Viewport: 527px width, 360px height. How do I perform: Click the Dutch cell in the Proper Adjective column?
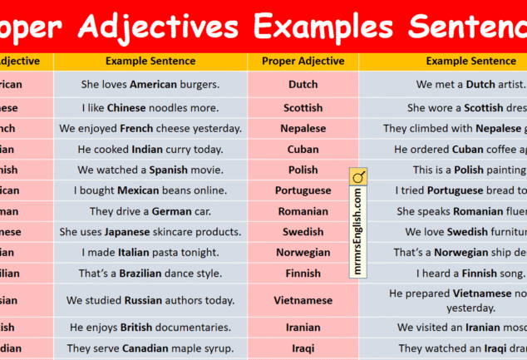[303, 85]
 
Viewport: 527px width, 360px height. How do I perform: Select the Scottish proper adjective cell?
[303, 108]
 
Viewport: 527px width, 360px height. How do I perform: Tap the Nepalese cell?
[303, 129]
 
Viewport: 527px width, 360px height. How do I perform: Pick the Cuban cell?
[303, 150]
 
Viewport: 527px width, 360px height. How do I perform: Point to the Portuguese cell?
[303, 190]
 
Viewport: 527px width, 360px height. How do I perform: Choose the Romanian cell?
[303, 211]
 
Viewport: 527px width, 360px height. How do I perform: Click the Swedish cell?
[303, 232]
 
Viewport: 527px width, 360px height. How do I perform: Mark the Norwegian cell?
[303, 253]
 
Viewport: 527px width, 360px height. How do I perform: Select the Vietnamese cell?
[303, 300]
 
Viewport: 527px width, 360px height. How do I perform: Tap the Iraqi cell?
[303, 348]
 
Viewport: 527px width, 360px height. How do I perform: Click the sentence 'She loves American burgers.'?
[150, 85]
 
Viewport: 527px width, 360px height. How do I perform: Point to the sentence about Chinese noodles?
[150, 108]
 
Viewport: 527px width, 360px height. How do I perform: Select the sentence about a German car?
[150, 211]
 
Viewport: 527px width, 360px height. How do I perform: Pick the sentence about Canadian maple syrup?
[150, 348]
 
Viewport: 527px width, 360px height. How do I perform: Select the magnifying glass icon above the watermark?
[358, 177]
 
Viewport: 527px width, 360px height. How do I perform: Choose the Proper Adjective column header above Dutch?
[303, 61]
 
